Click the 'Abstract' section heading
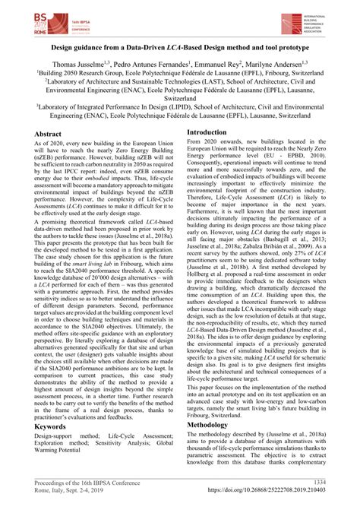pyautogui.click(x=49, y=134)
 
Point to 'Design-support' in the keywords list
pyautogui.click(x=55, y=438)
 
